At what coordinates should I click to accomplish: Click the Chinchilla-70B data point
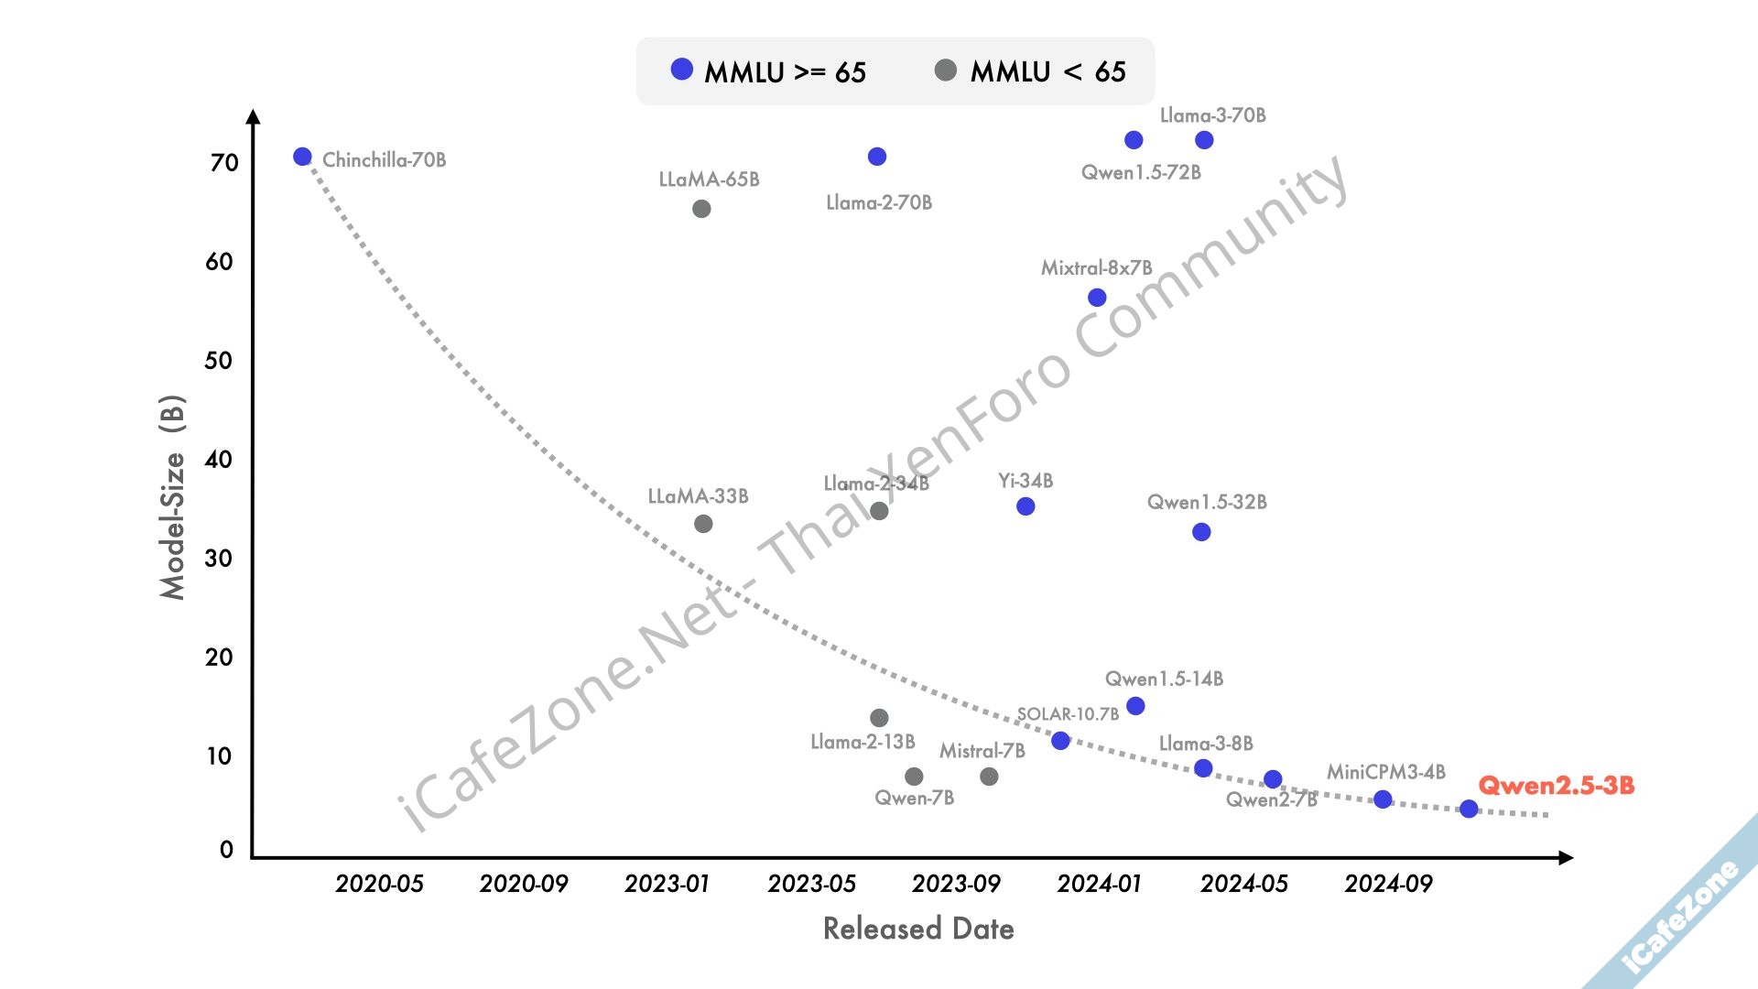click(x=302, y=157)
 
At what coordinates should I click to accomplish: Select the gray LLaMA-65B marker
click(x=701, y=209)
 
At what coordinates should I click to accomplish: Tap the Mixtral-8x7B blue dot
click(x=1097, y=298)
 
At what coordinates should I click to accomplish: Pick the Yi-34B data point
click(x=1025, y=506)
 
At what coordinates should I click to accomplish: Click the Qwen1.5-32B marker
click(x=1201, y=532)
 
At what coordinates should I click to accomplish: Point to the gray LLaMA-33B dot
click(x=703, y=524)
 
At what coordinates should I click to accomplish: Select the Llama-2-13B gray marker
click(x=879, y=718)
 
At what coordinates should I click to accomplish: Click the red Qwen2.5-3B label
click(x=1556, y=785)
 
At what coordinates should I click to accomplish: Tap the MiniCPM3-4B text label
click(x=1385, y=772)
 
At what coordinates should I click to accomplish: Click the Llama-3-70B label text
click(x=1212, y=115)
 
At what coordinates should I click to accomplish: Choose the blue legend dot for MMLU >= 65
click(x=682, y=70)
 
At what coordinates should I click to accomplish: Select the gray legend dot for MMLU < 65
click(x=946, y=70)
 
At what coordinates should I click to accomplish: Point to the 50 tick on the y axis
click(x=218, y=360)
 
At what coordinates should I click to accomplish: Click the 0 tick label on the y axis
click(x=226, y=850)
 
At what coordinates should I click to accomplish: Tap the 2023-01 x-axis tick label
click(x=667, y=884)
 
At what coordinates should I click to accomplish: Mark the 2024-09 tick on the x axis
click(x=1388, y=884)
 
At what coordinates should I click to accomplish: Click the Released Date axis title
click(x=918, y=929)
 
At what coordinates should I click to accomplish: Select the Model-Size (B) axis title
click(x=172, y=497)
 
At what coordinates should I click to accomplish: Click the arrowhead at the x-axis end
click(x=1566, y=858)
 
